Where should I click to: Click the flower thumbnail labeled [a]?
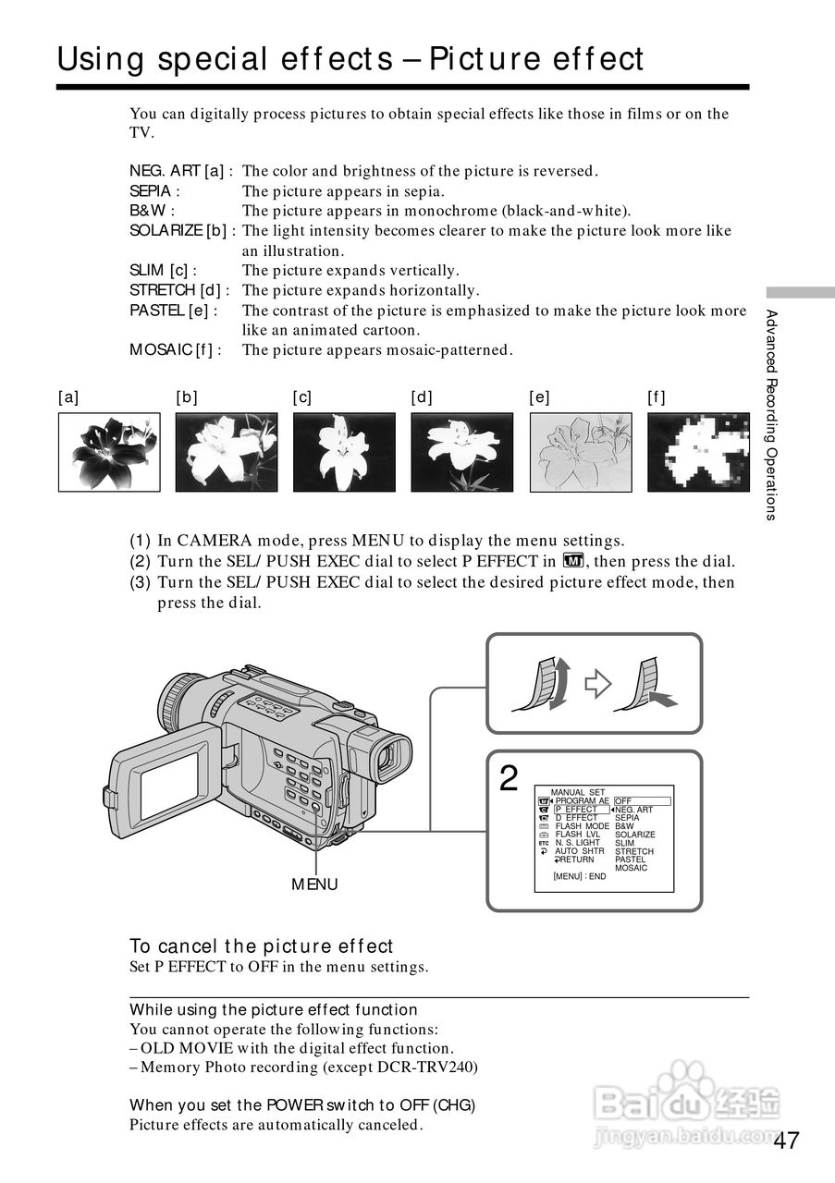pos(109,451)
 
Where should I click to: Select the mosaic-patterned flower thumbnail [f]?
pos(698,451)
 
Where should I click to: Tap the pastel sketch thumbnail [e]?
pos(580,451)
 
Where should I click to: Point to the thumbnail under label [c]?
pos(344,451)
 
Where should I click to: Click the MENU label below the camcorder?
pos(314,884)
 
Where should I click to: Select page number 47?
pos(787,1140)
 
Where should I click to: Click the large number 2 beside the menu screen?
pos(509,779)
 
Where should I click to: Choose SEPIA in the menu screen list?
pos(627,818)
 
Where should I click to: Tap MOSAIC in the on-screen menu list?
pos(632,868)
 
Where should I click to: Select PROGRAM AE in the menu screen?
pos(582,801)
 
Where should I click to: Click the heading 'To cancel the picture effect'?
pos(262,945)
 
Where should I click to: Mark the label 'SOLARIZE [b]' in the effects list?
pos(180,231)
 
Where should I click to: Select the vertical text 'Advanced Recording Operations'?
pos(771,416)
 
